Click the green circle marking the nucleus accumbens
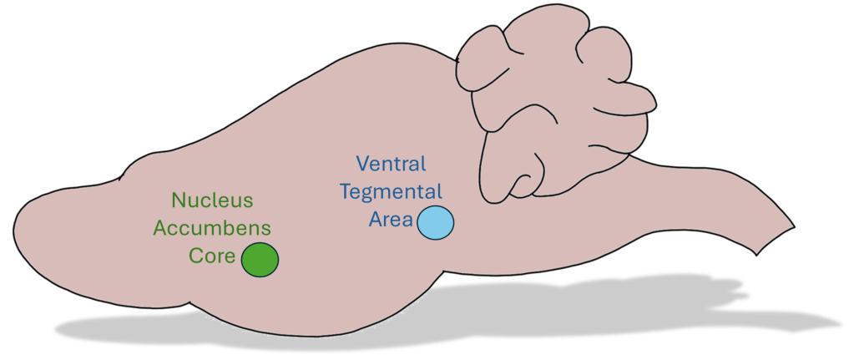[260, 259]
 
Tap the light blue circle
[435, 223]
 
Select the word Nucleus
[211, 200]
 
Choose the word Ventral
[391, 163]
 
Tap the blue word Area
[392, 220]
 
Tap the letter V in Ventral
[361, 163]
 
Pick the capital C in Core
[195, 256]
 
